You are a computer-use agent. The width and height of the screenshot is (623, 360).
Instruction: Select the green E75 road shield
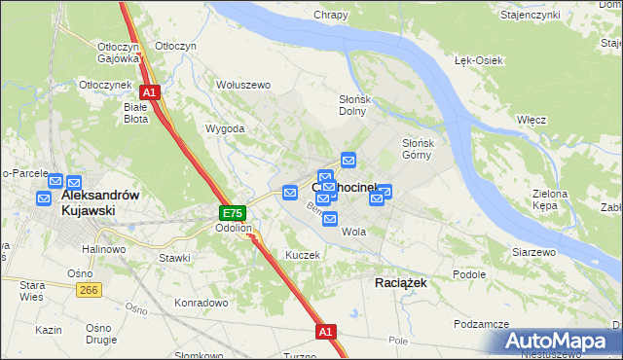231,213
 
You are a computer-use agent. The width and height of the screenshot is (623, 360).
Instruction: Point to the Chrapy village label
331,15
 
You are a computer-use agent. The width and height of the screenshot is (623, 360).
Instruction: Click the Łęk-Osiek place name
479,60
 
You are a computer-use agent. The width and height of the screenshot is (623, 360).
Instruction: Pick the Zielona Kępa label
550,200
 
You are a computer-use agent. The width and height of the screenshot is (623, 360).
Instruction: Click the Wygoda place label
224,128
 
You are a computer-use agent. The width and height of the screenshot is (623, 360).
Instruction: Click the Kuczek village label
302,254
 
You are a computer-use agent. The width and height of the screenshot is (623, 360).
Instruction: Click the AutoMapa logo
558,342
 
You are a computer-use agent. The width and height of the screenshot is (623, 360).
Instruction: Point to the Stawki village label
175,258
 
